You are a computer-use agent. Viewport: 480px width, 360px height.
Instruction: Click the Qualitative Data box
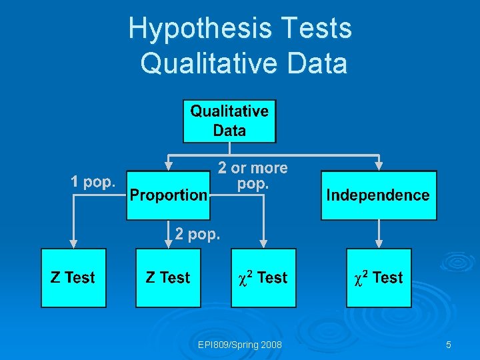(x=229, y=121)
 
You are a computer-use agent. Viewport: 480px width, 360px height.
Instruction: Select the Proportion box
(x=169, y=195)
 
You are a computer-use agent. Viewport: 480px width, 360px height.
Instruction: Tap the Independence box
(x=378, y=195)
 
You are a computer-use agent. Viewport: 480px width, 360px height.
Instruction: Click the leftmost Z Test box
(x=73, y=277)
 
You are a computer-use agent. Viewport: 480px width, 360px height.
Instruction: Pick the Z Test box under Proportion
(x=168, y=277)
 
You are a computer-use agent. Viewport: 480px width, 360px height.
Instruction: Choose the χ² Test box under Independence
(x=378, y=277)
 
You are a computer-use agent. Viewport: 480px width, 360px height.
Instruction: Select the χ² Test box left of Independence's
(x=263, y=277)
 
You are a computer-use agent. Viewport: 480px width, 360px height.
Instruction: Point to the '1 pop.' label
(x=93, y=181)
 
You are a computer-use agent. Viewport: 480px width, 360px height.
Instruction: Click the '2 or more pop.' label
(x=253, y=176)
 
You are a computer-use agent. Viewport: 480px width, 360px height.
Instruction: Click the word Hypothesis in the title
(x=201, y=29)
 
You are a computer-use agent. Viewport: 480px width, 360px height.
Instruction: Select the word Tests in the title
(x=317, y=29)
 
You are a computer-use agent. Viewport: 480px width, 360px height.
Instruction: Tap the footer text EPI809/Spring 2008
(x=240, y=345)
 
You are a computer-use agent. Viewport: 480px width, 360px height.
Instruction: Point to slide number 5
(x=449, y=345)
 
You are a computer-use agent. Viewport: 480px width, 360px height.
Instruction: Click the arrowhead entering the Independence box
(x=379, y=165)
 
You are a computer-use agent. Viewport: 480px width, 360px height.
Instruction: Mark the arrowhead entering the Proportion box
(x=169, y=165)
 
